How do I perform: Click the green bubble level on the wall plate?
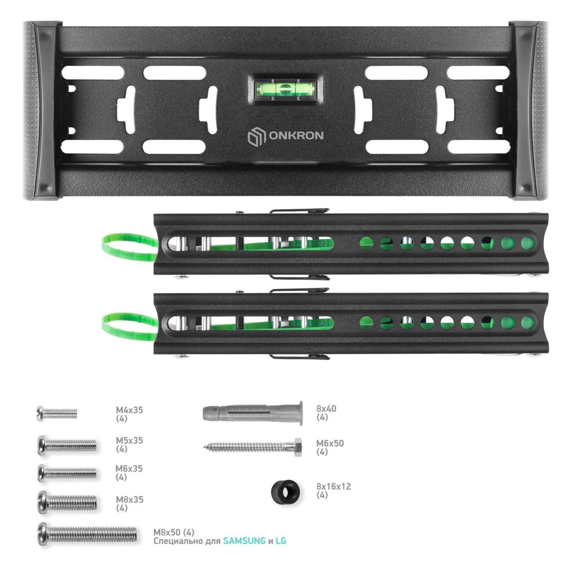click(285, 88)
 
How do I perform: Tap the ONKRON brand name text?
click(296, 136)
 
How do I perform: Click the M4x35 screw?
click(57, 413)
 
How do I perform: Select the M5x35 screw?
click(67, 445)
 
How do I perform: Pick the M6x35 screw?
click(67, 473)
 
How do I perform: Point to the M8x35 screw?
click(67, 502)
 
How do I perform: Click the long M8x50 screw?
click(87, 534)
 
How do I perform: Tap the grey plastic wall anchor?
click(253, 413)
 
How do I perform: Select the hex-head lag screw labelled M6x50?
click(253, 447)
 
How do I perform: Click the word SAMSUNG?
click(244, 541)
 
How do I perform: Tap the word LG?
click(281, 541)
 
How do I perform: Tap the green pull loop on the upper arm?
click(130, 247)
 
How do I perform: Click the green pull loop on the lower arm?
click(130, 326)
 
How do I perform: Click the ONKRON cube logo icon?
click(257, 137)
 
